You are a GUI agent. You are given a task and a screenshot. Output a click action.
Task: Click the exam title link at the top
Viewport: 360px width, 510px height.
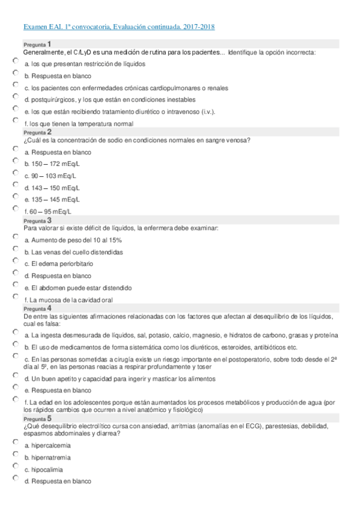(118, 27)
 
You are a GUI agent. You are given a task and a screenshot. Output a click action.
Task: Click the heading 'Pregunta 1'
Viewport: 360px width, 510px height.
(37, 45)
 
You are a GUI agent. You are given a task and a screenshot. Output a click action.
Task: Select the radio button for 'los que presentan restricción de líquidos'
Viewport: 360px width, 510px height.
(15, 61)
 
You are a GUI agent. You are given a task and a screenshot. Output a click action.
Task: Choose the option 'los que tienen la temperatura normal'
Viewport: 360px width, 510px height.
(15, 121)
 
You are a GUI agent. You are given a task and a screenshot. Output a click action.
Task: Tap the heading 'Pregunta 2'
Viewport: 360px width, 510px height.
(37, 132)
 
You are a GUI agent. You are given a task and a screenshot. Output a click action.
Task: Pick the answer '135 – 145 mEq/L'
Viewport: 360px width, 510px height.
(15, 197)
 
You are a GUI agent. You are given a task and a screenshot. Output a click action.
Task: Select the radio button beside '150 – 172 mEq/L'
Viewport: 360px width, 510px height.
(15, 161)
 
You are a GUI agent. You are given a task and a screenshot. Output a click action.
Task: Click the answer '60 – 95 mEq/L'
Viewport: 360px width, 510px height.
(15, 209)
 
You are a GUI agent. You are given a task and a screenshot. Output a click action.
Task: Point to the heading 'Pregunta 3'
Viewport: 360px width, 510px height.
(37, 220)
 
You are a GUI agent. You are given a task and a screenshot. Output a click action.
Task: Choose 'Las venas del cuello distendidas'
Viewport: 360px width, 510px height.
(15, 250)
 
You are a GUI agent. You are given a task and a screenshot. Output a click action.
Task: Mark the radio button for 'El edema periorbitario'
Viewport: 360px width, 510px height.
(15, 261)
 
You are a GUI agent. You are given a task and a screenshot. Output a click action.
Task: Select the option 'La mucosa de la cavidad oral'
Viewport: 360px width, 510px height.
(15, 297)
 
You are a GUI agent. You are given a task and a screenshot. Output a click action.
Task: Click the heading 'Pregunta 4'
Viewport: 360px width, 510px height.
(37, 308)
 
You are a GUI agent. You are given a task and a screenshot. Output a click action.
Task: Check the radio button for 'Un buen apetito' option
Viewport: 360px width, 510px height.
(15, 376)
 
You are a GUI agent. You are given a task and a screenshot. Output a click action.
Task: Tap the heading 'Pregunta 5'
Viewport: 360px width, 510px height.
(37, 418)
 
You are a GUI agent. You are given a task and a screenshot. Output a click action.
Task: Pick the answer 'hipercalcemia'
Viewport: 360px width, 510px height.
(15, 443)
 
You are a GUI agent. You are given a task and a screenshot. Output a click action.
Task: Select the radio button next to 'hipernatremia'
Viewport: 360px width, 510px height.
(15, 455)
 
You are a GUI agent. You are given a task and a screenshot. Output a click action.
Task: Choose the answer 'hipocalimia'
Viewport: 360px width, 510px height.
(15, 467)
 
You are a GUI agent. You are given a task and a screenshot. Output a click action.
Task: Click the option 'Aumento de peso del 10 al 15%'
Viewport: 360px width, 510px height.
(15, 238)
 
